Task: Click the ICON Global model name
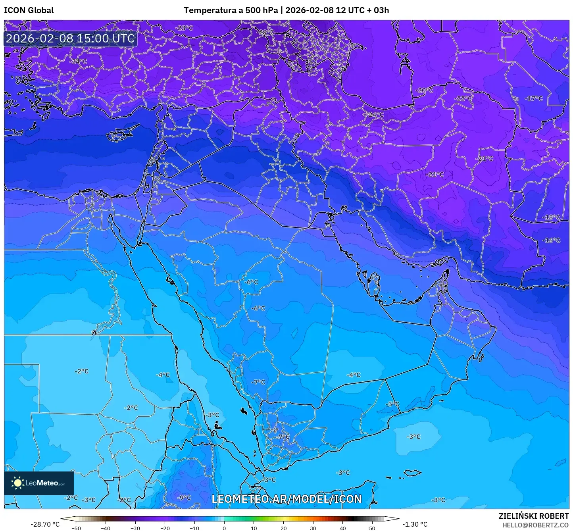[29, 10]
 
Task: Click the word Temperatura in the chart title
[210, 10]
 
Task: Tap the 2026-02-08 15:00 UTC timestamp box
[71, 38]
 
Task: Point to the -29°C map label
[266, 32]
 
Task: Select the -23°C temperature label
[184, 28]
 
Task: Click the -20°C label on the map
[424, 90]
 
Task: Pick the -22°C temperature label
[463, 98]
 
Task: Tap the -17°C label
[534, 98]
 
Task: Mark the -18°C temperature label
[552, 217]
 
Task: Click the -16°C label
[552, 240]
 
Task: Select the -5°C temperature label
[392, 404]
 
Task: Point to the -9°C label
[184, 498]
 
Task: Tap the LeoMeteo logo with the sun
[39, 483]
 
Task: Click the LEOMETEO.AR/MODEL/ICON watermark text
[286, 499]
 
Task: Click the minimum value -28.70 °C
[45, 524]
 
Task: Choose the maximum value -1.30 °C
[415, 524]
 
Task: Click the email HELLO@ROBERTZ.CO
[535, 525]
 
